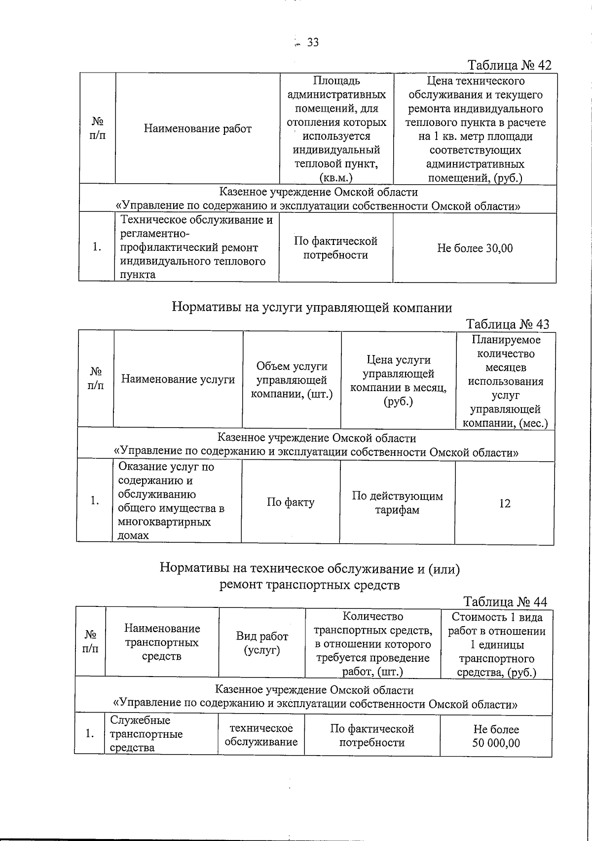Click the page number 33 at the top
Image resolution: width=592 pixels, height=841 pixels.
(313, 42)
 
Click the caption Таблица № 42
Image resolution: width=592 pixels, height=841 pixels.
(509, 65)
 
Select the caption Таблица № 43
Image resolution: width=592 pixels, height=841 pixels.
(507, 324)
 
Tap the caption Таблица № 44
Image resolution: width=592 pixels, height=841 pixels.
(505, 601)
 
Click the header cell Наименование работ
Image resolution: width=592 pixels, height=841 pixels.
(197, 129)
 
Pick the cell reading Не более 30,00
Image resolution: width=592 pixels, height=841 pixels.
(475, 248)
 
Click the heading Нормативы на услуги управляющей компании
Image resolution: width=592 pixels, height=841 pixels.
(312, 308)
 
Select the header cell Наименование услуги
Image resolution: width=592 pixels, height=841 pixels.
(178, 379)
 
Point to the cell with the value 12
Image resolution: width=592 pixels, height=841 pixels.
(504, 503)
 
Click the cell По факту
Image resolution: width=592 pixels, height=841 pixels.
(290, 502)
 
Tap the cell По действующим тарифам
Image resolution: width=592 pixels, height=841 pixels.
(397, 503)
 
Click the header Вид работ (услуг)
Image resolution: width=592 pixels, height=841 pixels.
(261, 643)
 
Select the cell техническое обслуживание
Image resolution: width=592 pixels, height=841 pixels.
(261, 735)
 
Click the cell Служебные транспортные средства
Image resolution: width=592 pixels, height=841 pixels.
(146, 734)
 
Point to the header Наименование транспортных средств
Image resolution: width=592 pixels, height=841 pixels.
(162, 642)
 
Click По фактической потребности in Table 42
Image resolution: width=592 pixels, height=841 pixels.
(335, 248)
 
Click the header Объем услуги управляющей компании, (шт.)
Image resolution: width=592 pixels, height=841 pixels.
(292, 380)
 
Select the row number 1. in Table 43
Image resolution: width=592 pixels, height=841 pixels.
(95, 501)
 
